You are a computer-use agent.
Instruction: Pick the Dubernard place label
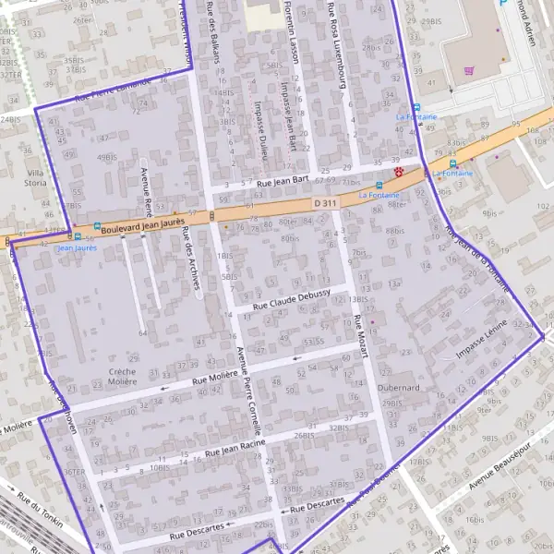(399, 389)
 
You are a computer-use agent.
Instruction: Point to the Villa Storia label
(35, 177)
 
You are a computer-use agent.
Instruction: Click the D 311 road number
(324, 202)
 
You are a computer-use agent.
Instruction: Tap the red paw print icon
(399, 172)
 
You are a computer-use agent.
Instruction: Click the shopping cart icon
(470, 69)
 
